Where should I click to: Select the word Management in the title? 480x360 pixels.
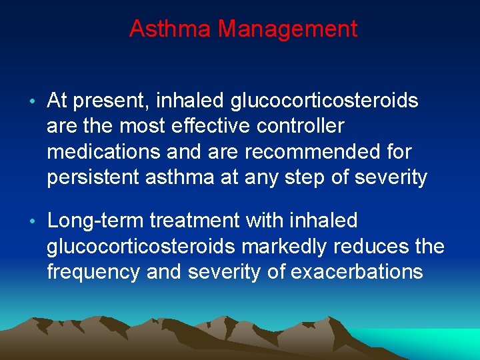tap(288, 29)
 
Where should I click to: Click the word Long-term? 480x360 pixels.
tap(95, 221)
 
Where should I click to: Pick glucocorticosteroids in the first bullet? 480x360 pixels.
tap(324, 101)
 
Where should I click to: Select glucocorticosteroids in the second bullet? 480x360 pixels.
tap(140, 247)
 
